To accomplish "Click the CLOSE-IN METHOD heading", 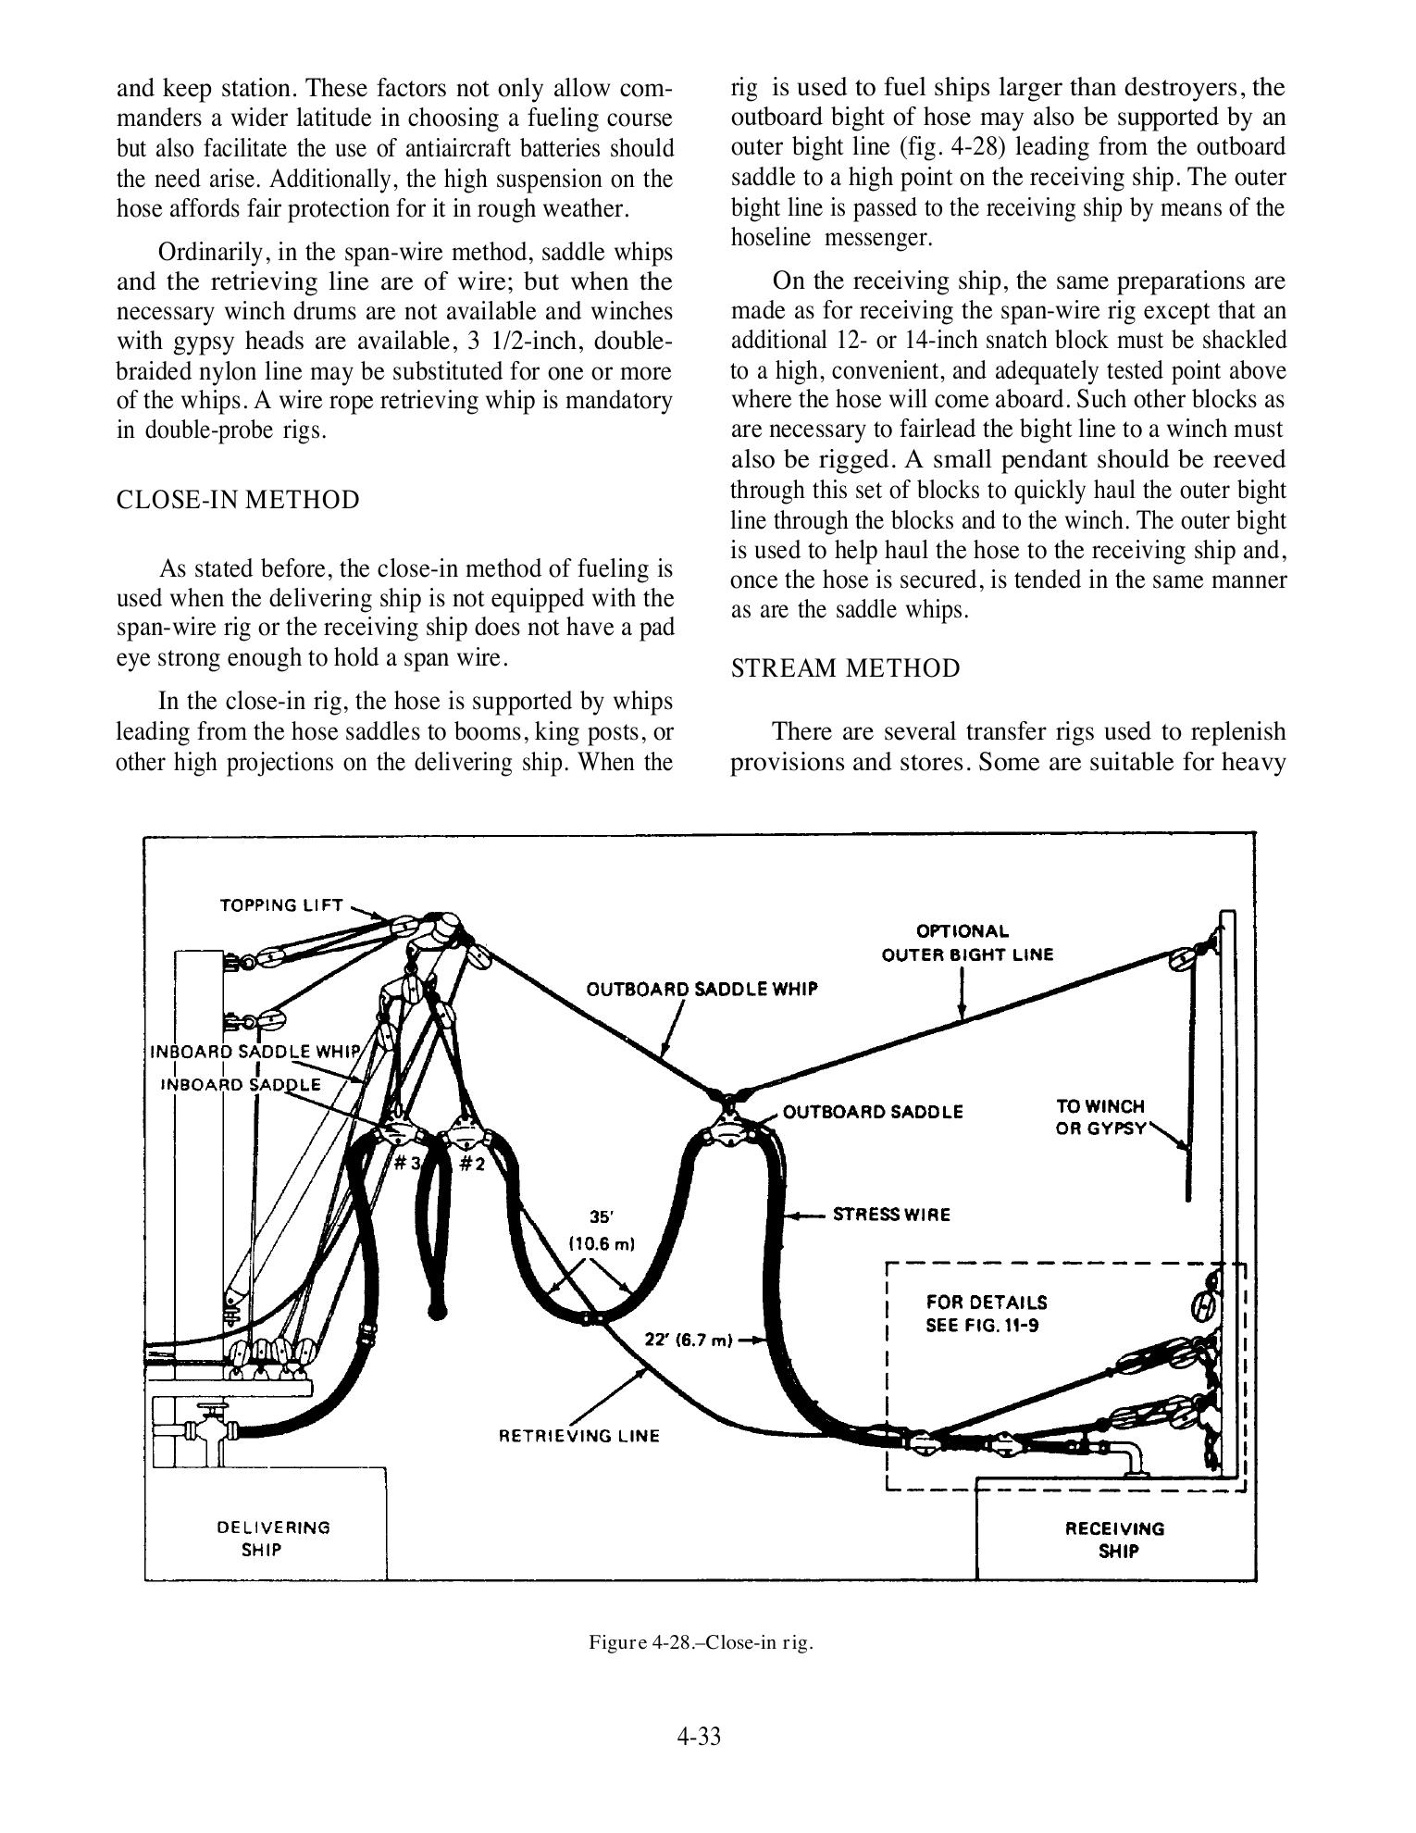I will coord(238,500).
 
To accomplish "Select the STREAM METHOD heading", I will coord(846,668).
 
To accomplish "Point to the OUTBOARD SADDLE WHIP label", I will coord(702,989).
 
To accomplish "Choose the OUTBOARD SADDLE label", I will coord(873,1112).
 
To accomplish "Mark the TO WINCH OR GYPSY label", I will coord(1100,1117).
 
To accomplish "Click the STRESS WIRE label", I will coord(891,1215).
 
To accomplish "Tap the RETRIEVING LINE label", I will coord(579,1436).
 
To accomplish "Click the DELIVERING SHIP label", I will coord(273,1538).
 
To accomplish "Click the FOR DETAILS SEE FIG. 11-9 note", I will coord(987,1314).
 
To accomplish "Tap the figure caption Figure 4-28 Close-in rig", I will coord(702,1643).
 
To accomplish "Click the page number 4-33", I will coord(699,1737).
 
